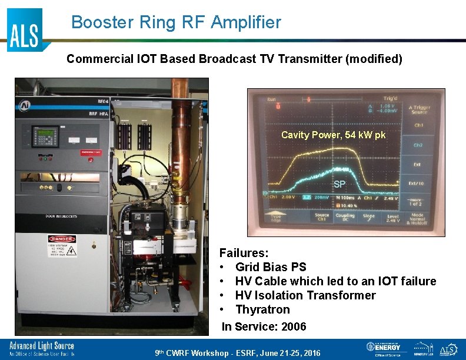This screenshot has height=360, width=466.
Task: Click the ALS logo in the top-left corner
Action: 25,29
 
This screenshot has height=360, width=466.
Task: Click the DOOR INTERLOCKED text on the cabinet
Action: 62,216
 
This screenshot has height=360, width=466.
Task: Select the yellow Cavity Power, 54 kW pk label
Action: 333,135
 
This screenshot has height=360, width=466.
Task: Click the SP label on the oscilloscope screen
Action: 339,184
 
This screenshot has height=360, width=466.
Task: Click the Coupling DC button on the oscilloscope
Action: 345,217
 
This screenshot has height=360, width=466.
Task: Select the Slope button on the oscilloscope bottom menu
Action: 368,217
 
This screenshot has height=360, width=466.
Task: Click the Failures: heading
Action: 244,253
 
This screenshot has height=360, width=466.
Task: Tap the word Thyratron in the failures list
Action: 262,309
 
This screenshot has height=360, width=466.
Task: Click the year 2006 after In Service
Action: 294,326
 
